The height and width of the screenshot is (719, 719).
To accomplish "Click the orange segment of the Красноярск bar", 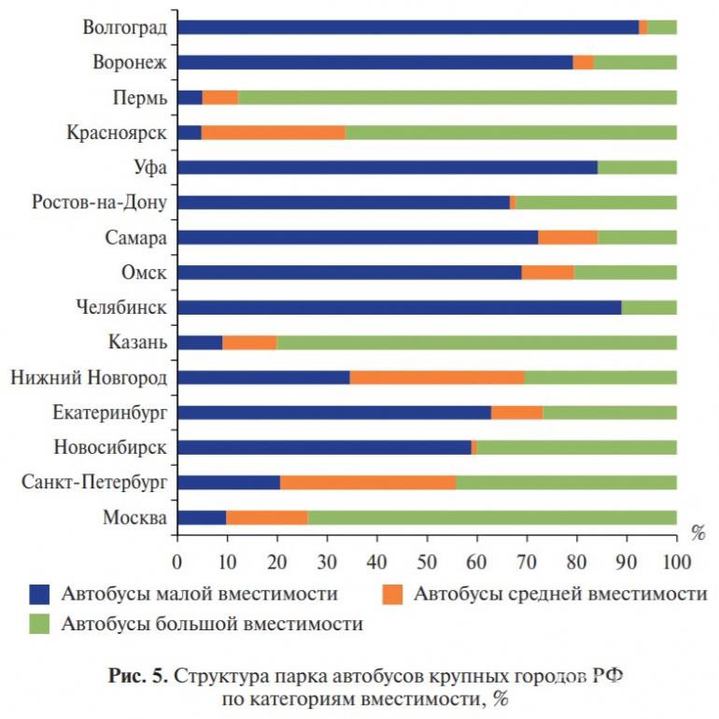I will click(273, 132).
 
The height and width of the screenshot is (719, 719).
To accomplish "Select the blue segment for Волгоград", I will click(407, 27).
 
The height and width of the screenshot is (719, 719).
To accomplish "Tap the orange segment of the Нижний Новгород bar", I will click(436, 376).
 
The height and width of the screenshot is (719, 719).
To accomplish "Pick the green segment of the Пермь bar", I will click(458, 97).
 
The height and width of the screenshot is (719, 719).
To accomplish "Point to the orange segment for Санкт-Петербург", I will click(368, 482).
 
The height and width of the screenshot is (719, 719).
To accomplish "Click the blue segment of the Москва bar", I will click(202, 516).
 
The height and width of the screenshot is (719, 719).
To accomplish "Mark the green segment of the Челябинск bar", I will click(649, 307).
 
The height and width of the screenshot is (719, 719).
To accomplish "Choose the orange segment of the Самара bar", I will click(568, 237).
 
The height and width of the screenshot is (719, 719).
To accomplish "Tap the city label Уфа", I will click(150, 168).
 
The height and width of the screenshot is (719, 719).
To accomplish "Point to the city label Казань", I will click(137, 343).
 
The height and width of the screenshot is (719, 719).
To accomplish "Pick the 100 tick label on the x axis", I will click(676, 562).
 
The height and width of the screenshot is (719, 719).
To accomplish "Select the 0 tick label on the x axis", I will click(177, 562).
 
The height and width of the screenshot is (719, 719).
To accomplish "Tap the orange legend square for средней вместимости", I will click(395, 594).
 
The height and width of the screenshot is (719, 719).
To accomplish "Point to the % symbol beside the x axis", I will click(698, 533).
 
